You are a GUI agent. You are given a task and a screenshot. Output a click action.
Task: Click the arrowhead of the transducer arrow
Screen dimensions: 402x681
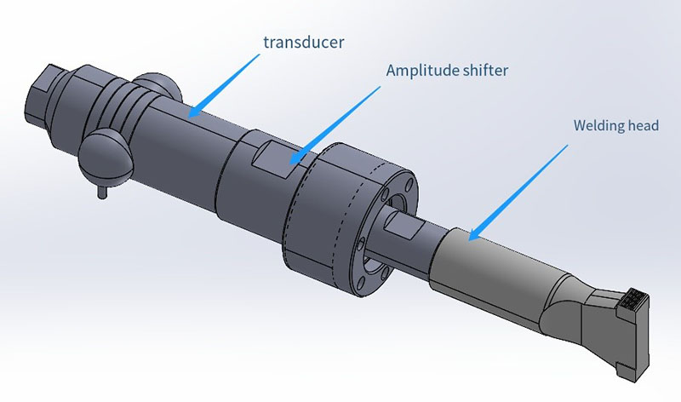point(193,112)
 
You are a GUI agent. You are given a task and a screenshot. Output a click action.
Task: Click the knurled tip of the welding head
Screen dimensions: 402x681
point(635,300)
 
